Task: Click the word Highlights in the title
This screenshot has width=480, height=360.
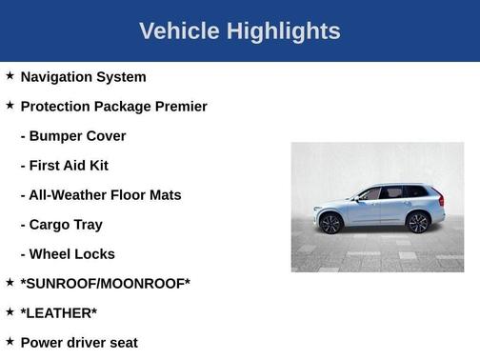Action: [283, 31]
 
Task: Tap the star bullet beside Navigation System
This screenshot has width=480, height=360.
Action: [10, 75]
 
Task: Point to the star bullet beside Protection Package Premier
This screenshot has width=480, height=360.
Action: [10, 105]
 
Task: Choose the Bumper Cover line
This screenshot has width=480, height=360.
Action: [73, 135]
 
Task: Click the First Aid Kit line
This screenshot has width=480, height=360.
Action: [65, 165]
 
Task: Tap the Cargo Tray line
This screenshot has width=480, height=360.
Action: [62, 224]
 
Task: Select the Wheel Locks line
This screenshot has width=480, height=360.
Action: [68, 253]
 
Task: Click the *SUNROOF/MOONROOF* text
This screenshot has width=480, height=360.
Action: [105, 283]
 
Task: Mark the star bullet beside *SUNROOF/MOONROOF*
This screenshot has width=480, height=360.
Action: [10, 282]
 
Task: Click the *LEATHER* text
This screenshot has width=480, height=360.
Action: [58, 312]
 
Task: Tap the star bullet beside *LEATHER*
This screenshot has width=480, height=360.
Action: [10, 311]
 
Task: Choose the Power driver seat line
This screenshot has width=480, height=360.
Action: [79, 342]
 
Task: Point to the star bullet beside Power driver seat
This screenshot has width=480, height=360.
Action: [10, 341]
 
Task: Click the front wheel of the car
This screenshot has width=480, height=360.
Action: [330, 223]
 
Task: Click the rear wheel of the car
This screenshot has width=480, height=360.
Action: [417, 222]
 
